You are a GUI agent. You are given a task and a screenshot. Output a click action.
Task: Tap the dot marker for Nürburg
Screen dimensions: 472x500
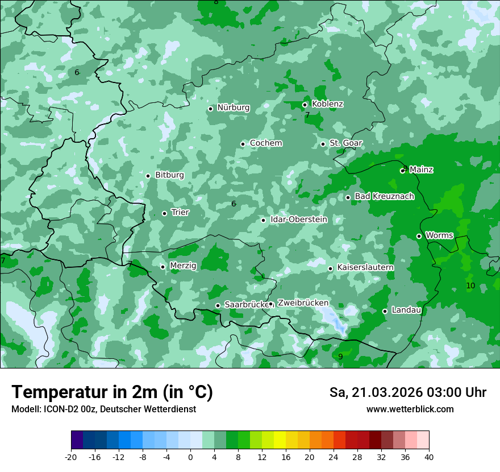coord(210,109)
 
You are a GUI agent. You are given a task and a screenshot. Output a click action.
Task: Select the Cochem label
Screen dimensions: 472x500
coord(265,143)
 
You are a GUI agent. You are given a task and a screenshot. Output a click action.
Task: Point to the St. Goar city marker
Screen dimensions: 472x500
coord(323,144)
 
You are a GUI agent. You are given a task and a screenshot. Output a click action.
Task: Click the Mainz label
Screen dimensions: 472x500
coord(421,169)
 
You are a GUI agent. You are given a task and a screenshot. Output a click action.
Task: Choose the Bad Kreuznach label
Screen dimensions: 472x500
coord(384,196)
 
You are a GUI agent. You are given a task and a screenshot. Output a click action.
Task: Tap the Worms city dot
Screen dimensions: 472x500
coord(419,236)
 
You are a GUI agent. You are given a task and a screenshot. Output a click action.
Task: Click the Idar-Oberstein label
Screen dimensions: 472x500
coord(299,220)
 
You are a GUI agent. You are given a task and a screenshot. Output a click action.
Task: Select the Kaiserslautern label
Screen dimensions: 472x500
coord(365,267)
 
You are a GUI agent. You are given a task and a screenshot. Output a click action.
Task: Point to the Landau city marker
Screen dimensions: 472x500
coord(385,311)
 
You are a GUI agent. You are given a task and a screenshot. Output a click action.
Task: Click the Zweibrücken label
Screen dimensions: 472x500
coord(303,303)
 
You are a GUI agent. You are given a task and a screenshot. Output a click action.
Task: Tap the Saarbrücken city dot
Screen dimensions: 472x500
coord(218,305)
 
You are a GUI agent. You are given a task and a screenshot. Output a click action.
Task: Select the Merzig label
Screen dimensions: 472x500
coord(183,266)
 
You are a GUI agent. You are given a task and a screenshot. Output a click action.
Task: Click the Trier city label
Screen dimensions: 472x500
coord(180,212)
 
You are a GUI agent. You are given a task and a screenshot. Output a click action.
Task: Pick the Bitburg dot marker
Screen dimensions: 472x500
coord(148,176)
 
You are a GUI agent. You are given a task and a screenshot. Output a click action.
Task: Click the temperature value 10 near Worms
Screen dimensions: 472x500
coord(470,285)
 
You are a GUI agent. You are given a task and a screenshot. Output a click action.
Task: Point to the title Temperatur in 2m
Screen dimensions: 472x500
coord(112,392)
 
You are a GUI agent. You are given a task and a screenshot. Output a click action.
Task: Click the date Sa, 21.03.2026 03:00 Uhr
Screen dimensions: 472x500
coord(407,392)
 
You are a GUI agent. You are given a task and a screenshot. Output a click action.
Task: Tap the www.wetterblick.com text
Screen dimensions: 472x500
coord(410,409)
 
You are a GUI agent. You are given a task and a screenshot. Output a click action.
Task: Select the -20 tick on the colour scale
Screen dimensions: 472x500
coord(71,457)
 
